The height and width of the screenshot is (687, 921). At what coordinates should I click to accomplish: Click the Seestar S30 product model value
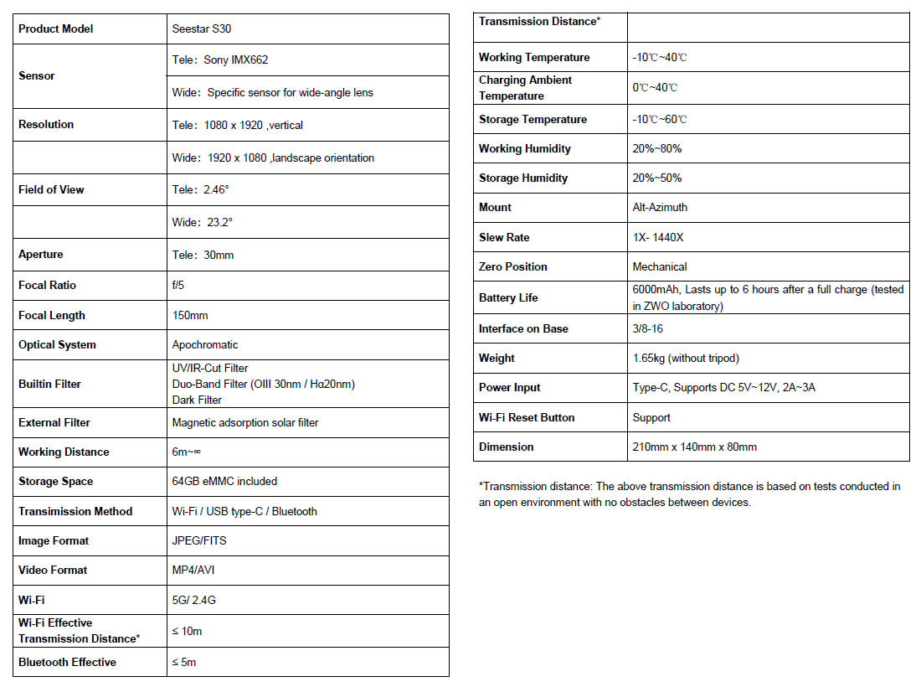pyautogui.click(x=202, y=28)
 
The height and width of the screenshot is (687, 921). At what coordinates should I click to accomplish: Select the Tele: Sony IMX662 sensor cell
pyautogui.click(x=220, y=60)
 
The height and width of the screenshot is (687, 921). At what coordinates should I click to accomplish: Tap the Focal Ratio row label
pyautogui.click(x=47, y=285)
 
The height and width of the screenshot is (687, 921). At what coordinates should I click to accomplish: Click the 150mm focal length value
pyautogui.click(x=190, y=315)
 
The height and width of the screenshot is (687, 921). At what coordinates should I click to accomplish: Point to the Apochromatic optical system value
pyautogui.click(x=205, y=344)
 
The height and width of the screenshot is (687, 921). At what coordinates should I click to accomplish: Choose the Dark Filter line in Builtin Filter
pyautogui.click(x=196, y=400)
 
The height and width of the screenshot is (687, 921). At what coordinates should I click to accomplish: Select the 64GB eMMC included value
pyautogui.click(x=224, y=481)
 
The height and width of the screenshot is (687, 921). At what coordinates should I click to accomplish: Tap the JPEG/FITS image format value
pyautogui.click(x=199, y=540)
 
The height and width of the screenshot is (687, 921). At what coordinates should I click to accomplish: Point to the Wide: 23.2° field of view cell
pyautogui.click(x=203, y=222)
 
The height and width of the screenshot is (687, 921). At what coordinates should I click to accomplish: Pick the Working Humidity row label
pyautogui.click(x=524, y=148)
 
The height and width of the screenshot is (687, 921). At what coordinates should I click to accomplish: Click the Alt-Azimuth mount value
pyautogui.click(x=660, y=207)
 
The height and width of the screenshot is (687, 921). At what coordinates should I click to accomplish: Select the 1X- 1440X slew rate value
pyautogui.click(x=658, y=237)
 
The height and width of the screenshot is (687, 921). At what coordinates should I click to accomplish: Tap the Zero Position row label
pyautogui.click(x=512, y=266)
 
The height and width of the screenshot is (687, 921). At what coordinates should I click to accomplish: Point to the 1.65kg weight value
pyautogui.click(x=686, y=358)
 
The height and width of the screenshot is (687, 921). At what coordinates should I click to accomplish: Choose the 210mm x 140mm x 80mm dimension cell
pyautogui.click(x=694, y=447)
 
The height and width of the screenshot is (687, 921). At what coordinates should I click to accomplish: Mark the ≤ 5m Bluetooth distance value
pyautogui.click(x=184, y=662)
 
